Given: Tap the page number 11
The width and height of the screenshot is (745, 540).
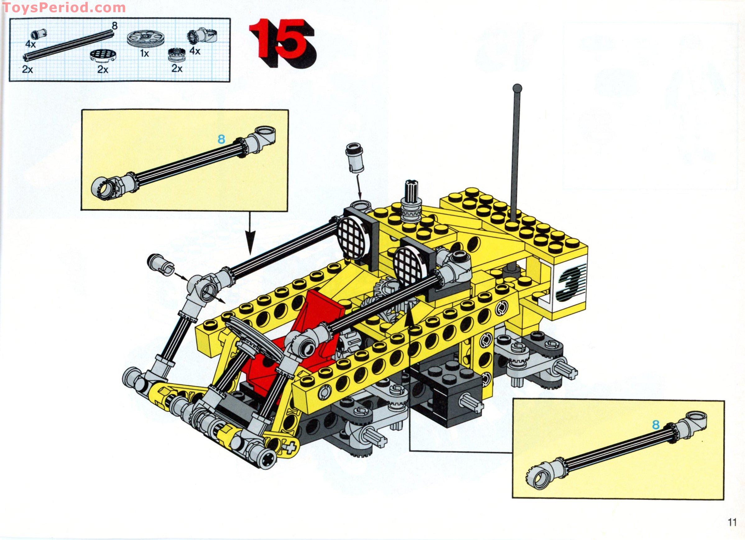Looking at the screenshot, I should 732,522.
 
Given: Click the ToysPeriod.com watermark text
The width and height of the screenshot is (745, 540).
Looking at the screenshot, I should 64,7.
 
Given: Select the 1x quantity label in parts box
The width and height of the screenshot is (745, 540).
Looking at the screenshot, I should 145,53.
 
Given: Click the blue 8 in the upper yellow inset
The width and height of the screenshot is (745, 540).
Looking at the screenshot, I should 221,139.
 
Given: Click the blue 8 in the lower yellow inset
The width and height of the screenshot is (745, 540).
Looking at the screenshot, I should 656,425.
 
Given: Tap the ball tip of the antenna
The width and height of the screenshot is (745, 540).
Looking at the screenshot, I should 517,88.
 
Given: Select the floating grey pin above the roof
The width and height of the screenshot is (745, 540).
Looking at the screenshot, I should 355,157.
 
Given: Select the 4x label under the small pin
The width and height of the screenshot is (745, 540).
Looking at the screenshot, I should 30,44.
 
